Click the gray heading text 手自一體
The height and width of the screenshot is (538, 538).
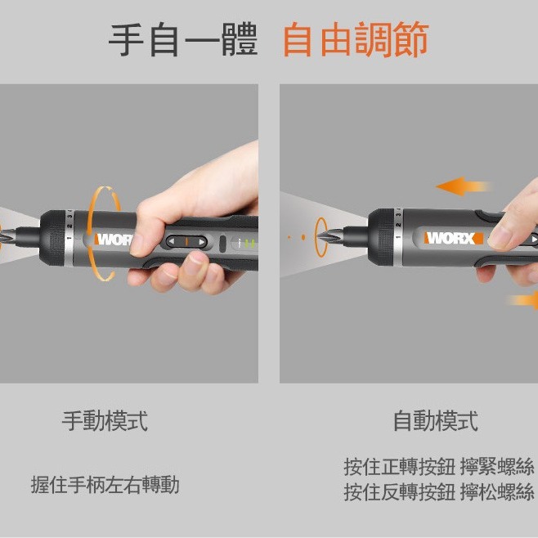(183, 39)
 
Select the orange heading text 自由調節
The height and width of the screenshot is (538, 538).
(355, 39)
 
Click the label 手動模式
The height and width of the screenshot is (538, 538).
(105, 421)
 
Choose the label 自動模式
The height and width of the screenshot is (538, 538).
(435, 421)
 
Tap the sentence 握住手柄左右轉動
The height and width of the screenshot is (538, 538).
(105, 485)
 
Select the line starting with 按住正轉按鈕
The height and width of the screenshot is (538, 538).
(439, 467)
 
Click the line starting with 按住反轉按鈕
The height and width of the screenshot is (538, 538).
(439, 492)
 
